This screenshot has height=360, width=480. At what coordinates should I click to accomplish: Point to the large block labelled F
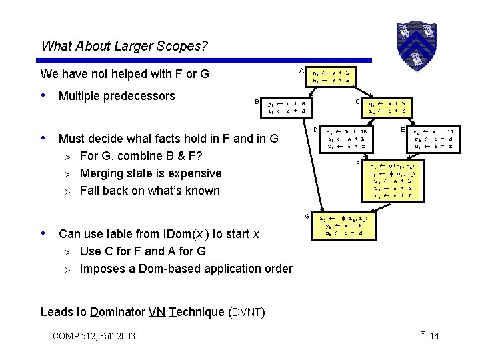coord(391,179)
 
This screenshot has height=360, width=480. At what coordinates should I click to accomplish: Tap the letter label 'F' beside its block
coord(358,163)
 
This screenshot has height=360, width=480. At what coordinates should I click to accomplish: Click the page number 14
coord(435,335)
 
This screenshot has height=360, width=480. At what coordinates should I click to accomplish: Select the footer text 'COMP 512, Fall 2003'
coord(93,335)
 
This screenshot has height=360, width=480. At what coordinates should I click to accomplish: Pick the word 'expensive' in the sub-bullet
coord(193,173)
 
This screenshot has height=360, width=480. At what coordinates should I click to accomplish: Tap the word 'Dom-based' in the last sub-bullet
coord(157,269)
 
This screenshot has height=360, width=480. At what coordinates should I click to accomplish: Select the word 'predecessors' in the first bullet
coord(141,96)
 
